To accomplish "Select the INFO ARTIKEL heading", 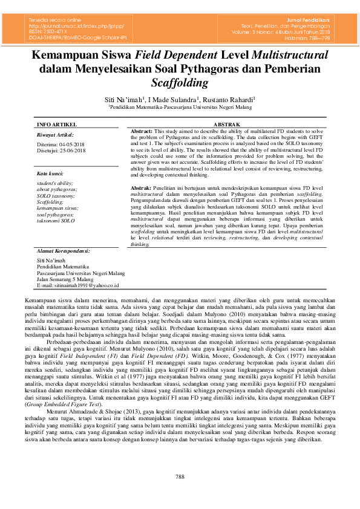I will pos(56,123).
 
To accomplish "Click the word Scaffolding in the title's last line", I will pos(180,82).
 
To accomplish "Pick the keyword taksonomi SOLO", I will pos(56,221).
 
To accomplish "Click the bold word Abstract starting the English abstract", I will pos(142,131).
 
